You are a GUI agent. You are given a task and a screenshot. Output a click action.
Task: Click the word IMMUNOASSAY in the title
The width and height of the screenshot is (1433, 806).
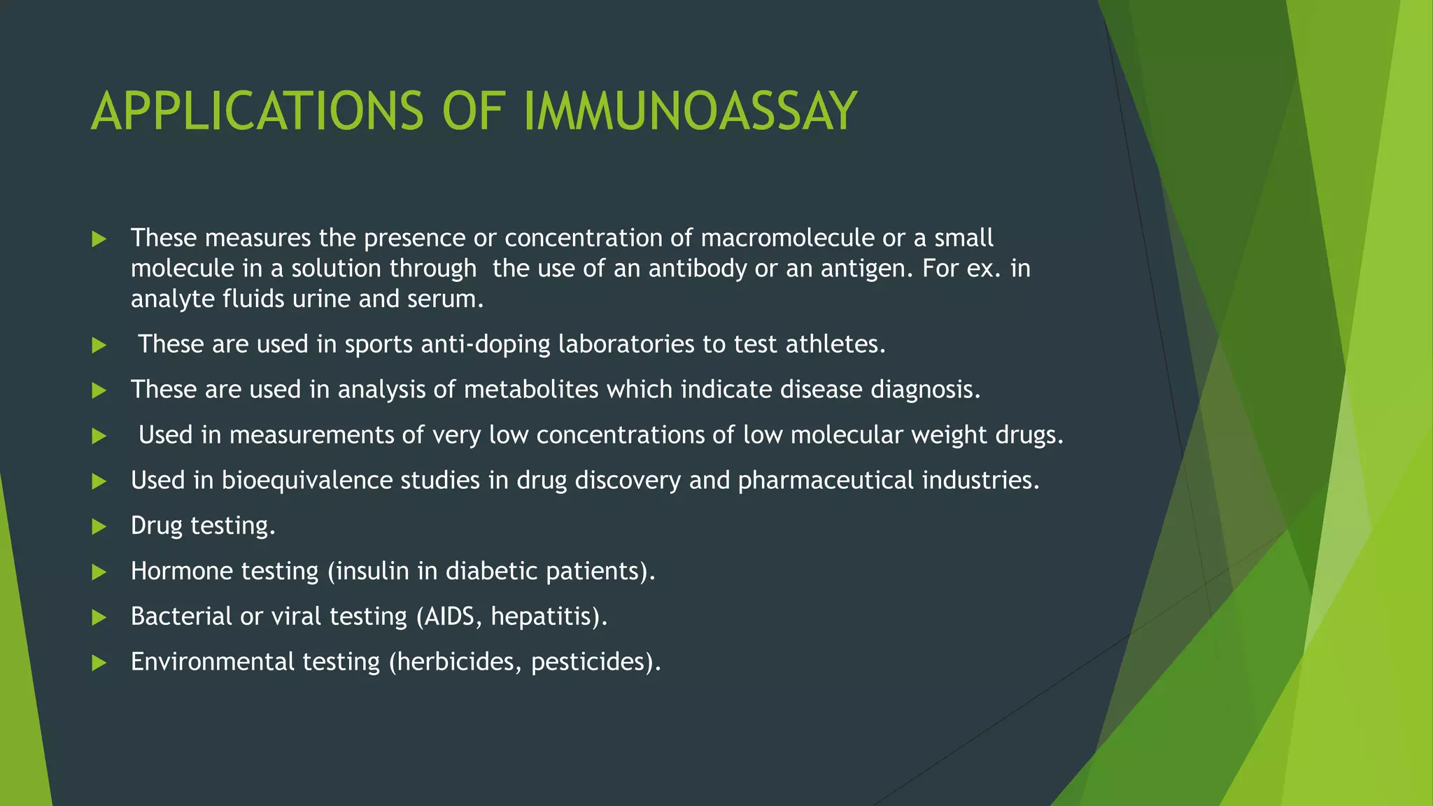coord(690,111)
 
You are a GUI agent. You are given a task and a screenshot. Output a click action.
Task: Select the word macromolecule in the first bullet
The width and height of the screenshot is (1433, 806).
coord(787,238)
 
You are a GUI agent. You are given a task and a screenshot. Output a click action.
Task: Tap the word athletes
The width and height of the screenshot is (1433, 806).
coord(835,344)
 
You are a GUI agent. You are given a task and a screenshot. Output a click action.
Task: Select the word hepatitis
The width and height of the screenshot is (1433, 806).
coord(545,616)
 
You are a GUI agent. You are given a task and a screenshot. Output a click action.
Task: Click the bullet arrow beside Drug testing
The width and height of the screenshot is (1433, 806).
coord(99,527)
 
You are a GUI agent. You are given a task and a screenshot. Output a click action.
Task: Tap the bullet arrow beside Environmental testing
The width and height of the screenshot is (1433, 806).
coord(99,663)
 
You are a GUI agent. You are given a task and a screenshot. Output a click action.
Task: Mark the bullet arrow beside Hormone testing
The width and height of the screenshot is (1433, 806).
coord(99,572)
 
